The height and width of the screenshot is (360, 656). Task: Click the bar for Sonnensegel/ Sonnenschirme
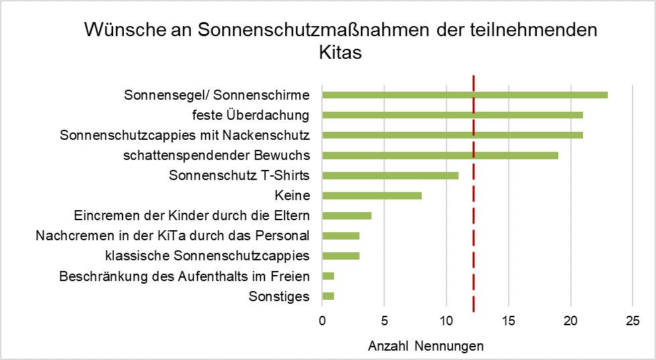tap(465, 94)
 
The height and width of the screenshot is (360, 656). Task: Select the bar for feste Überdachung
tap(453, 115)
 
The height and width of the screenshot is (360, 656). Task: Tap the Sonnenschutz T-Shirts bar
tap(390, 175)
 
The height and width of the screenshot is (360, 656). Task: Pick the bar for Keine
tap(372, 195)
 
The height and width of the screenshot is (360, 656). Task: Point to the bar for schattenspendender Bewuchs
tap(440, 155)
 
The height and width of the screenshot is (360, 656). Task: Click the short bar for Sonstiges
tap(328, 296)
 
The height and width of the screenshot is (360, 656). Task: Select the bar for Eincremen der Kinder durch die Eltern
tap(347, 215)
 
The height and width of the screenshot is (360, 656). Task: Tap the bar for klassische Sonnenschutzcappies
tap(341, 256)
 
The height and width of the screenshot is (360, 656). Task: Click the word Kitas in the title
tap(340, 52)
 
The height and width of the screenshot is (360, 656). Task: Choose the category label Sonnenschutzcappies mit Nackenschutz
tap(184, 135)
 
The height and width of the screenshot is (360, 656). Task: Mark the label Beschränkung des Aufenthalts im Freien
tap(184, 276)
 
